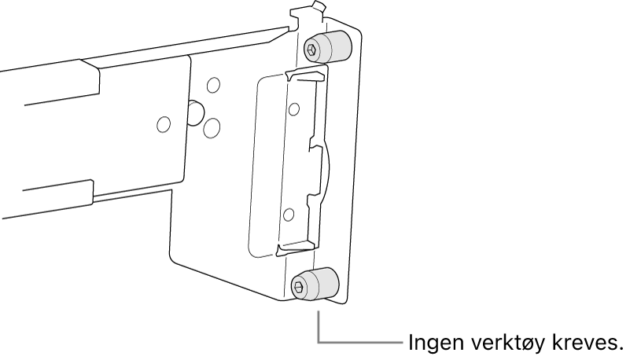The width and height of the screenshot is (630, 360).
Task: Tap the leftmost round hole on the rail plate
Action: tap(163, 123)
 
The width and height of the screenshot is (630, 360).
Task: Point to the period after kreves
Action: tap(621, 350)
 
